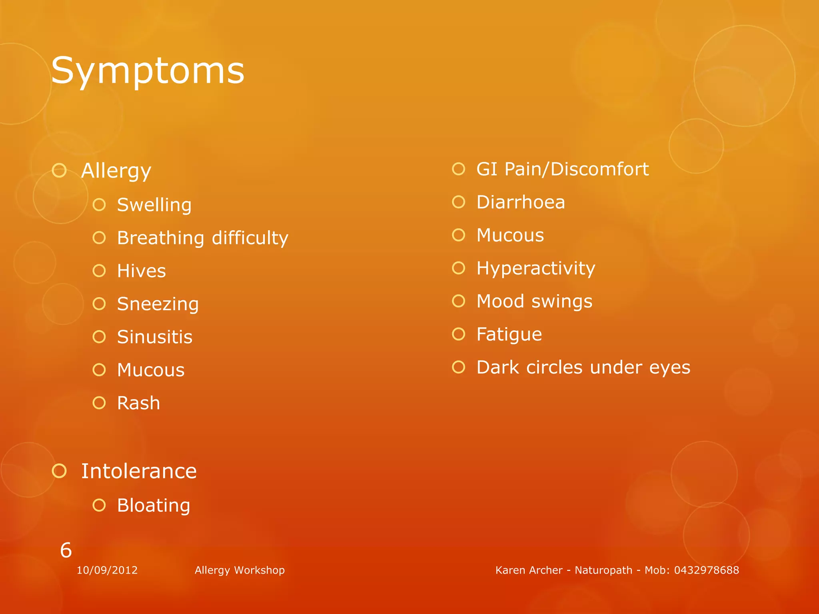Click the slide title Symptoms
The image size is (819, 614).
(x=148, y=71)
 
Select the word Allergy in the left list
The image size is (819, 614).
(x=116, y=171)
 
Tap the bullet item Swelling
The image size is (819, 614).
(x=154, y=205)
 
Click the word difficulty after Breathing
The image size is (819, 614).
(x=250, y=238)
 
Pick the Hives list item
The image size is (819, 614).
(x=141, y=271)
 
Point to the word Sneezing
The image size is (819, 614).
(x=158, y=304)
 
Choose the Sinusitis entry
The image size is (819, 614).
(x=154, y=337)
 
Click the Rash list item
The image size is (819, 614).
(x=138, y=403)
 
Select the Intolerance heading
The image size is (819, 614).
(x=139, y=471)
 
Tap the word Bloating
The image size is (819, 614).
(x=154, y=506)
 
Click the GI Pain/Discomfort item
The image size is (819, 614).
(x=562, y=169)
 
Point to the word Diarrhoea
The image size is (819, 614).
(x=521, y=202)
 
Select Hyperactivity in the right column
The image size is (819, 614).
(x=535, y=269)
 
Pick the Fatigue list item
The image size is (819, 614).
(x=509, y=335)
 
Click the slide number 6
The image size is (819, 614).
(x=66, y=550)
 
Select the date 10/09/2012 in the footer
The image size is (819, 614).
(x=107, y=570)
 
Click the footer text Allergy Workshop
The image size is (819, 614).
(x=240, y=570)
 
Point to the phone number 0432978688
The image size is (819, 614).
(x=706, y=570)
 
